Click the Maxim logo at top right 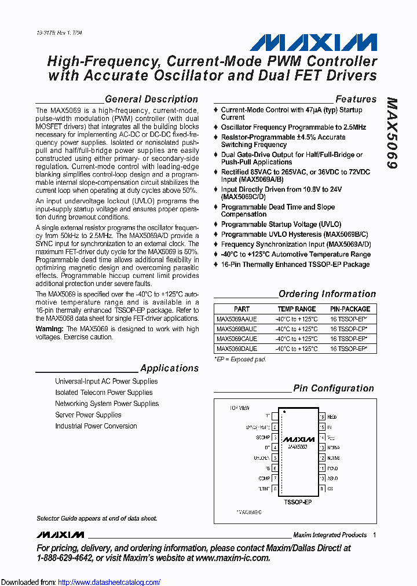(x=313, y=42)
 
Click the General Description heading (x=151, y=99)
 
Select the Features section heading (x=356, y=99)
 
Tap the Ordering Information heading (x=327, y=294)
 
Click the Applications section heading (x=169, y=368)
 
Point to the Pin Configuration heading (x=334, y=388)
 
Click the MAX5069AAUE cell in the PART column (x=237, y=319)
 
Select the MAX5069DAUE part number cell (x=237, y=349)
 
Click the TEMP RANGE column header (x=297, y=309)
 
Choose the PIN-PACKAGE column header (x=349, y=309)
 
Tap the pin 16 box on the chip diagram (x=321, y=416)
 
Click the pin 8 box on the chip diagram (x=275, y=489)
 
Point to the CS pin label (x=330, y=489)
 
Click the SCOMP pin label (x=263, y=437)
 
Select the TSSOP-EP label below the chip (x=298, y=502)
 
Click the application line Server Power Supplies (x=88, y=415)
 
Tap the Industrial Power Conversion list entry (x=96, y=426)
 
